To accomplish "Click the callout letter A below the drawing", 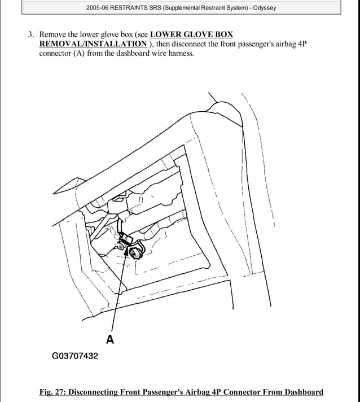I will pos(110,339).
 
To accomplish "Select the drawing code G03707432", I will pos(74,356).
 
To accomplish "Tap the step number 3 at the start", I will pos(31,34).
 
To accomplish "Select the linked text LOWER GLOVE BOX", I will pos(192,34).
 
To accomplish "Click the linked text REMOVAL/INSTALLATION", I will pos(93,44).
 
